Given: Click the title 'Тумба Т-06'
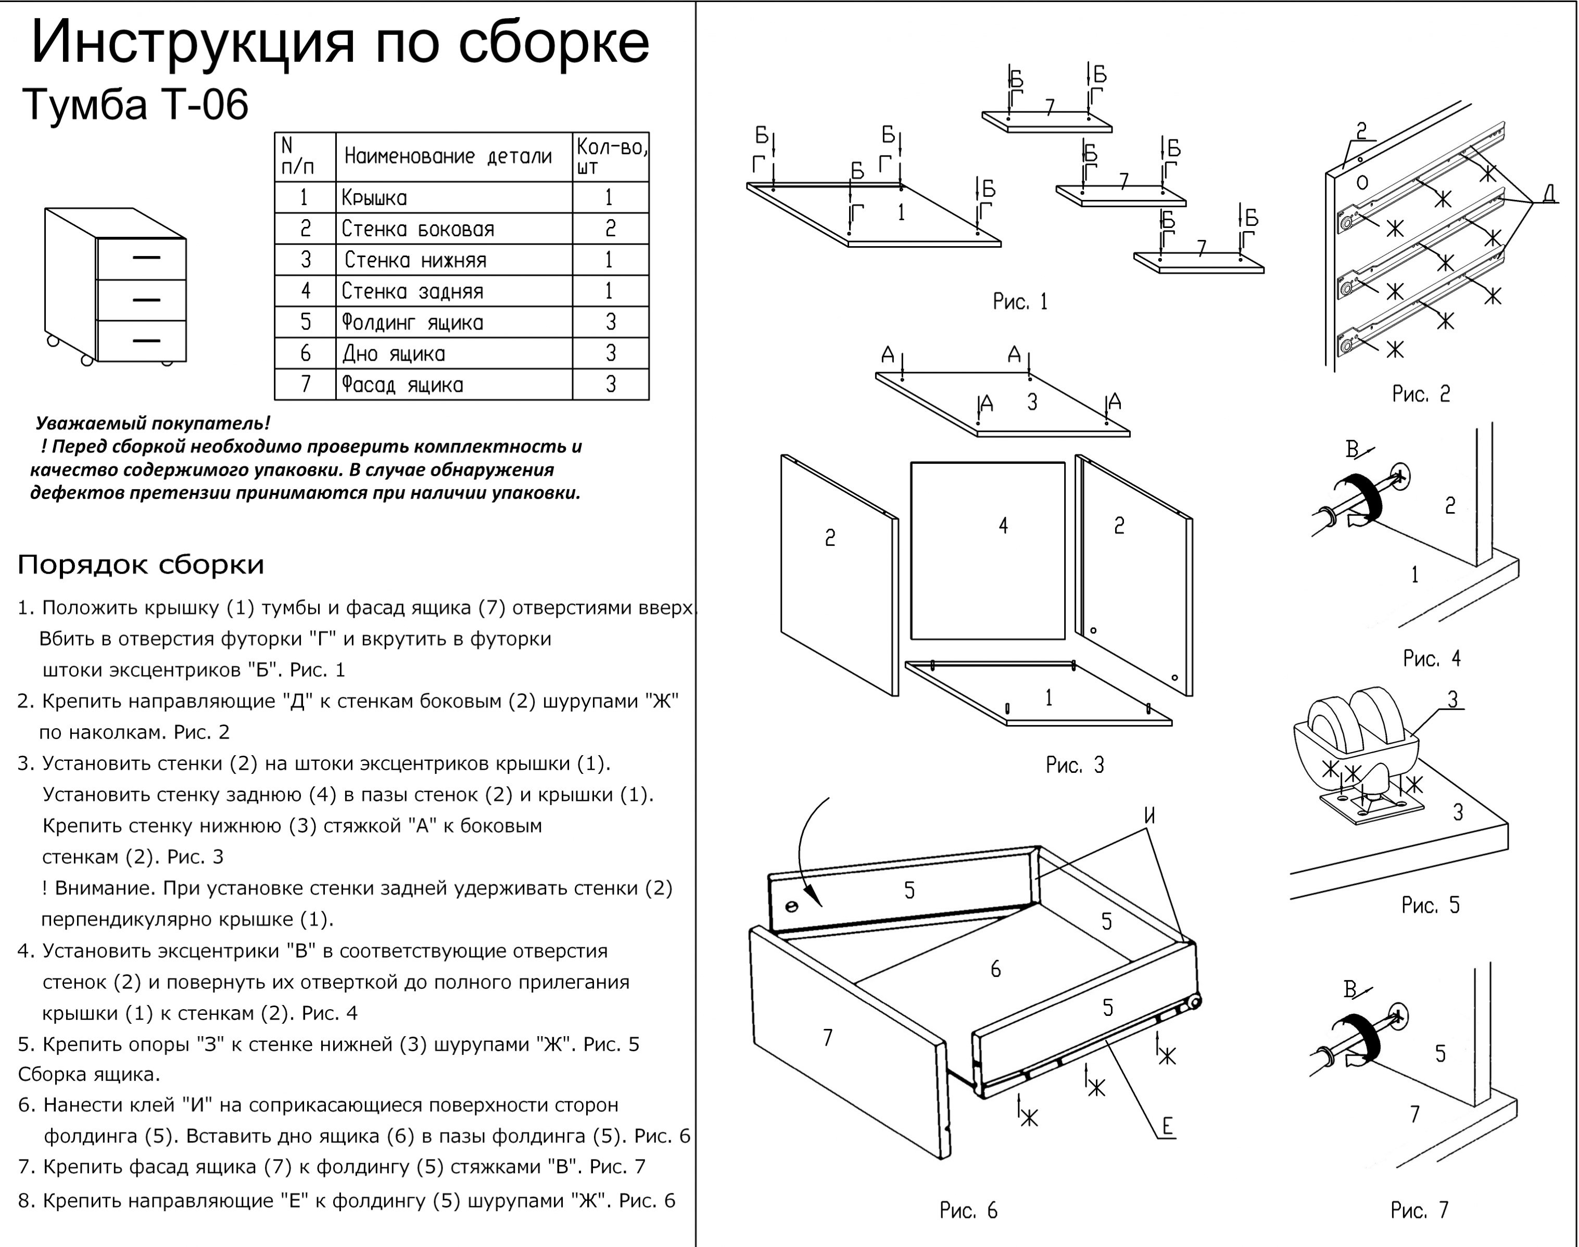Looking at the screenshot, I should coord(136,105).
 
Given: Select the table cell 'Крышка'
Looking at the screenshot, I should coord(374,198).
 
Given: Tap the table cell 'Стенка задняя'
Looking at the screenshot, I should coord(413,291).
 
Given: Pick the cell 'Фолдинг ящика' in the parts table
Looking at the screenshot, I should coord(413,323).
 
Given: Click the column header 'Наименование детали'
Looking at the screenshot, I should coord(448,156).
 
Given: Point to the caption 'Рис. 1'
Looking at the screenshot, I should coord(1019,301).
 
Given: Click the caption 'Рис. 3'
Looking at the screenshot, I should coord(1075,765).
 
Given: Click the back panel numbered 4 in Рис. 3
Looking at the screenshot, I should coord(988,551).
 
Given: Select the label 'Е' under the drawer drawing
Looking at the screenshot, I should coord(1167,1127).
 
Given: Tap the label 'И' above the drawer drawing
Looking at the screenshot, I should coord(1149,816).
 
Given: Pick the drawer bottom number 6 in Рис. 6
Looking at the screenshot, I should coord(995,969).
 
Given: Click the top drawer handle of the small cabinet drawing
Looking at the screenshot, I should coord(146,258).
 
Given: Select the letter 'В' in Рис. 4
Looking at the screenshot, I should coord(1352,450).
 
